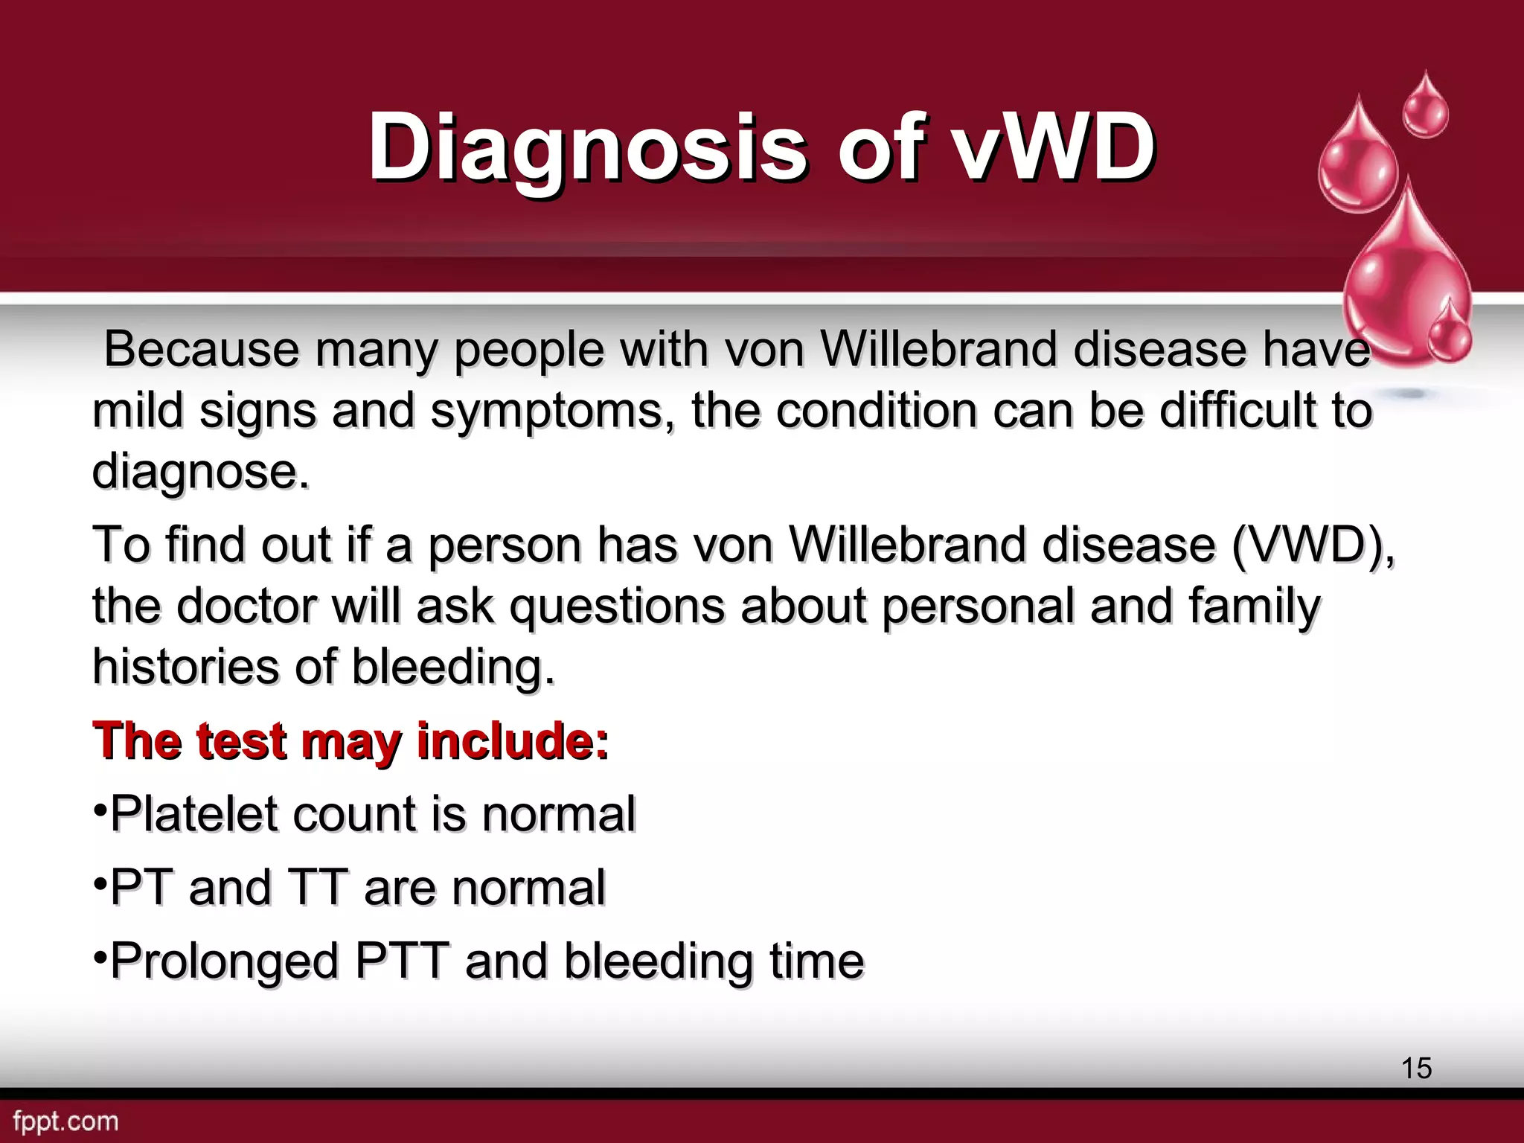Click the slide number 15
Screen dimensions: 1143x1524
[x=1416, y=1068]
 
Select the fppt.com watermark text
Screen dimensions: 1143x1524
[x=66, y=1121]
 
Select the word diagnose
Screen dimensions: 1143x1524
[x=199, y=473]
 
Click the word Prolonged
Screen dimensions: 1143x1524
[x=224, y=961]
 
